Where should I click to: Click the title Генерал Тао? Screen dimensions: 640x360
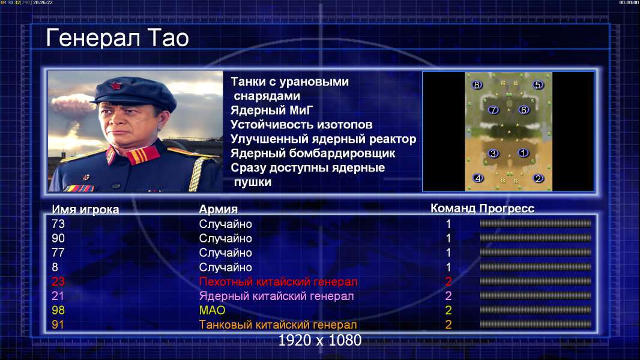click(x=118, y=38)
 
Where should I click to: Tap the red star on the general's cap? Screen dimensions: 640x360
click(x=115, y=86)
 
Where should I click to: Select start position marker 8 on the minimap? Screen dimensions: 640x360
click(x=476, y=85)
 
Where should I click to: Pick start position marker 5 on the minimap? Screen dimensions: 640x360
click(x=537, y=85)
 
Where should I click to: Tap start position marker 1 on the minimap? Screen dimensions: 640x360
click(x=523, y=153)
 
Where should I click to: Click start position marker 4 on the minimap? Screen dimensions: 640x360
click(x=477, y=178)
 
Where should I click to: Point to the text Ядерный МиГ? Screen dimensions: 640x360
click(x=272, y=110)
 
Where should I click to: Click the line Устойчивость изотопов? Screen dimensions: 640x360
click(x=301, y=125)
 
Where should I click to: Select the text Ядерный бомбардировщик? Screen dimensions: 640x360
click(x=313, y=153)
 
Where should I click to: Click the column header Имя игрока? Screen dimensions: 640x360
click(x=85, y=209)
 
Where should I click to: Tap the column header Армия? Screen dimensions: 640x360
click(x=219, y=209)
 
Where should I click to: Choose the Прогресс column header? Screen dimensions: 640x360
click(x=507, y=209)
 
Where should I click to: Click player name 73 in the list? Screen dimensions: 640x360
click(x=58, y=224)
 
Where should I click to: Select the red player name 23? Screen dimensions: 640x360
click(x=58, y=281)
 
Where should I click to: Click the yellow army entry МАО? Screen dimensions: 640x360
click(x=213, y=310)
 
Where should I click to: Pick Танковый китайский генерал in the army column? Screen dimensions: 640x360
click(x=278, y=325)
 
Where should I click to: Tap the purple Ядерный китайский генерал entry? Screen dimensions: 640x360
click(x=276, y=296)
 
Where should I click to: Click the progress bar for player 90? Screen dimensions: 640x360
click(x=536, y=238)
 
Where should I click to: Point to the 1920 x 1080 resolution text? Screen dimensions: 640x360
click(x=320, y=340)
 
